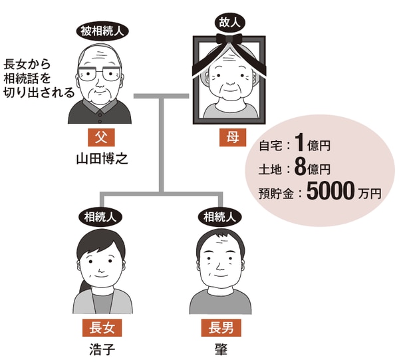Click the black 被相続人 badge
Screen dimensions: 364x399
pyautogui.click(x=100, y=31)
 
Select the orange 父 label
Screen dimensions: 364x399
pyautogui.click(x=100, y=138)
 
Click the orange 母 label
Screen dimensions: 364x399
pyautogui.click(x=229, y=138)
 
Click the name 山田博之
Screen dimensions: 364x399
pyautogui.click(x=100, y=158)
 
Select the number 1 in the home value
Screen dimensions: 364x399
pyautogui.click(x=300, y=142)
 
